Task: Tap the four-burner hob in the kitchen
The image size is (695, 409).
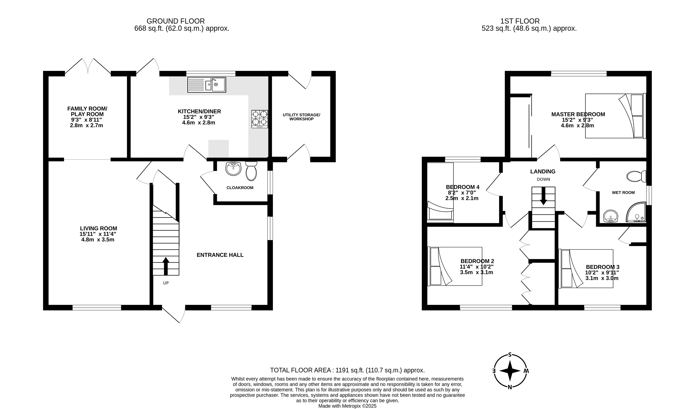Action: coord(260,119)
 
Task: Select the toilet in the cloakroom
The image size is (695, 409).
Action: coord(251,171)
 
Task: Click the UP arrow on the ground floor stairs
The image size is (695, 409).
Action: coord(166,266)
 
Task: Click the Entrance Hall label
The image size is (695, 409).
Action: coord(220,255)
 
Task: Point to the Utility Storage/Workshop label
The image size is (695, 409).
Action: coord(301,117)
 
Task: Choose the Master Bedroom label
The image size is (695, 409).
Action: coord(578,114)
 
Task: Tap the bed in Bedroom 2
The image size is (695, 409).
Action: coord(455,266)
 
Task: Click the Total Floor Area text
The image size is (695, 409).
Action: coord(347,370)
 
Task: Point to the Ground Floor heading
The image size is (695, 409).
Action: coord(176,21)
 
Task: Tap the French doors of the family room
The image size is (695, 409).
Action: coord(88,66)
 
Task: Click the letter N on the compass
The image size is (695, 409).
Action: coord(510,387)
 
